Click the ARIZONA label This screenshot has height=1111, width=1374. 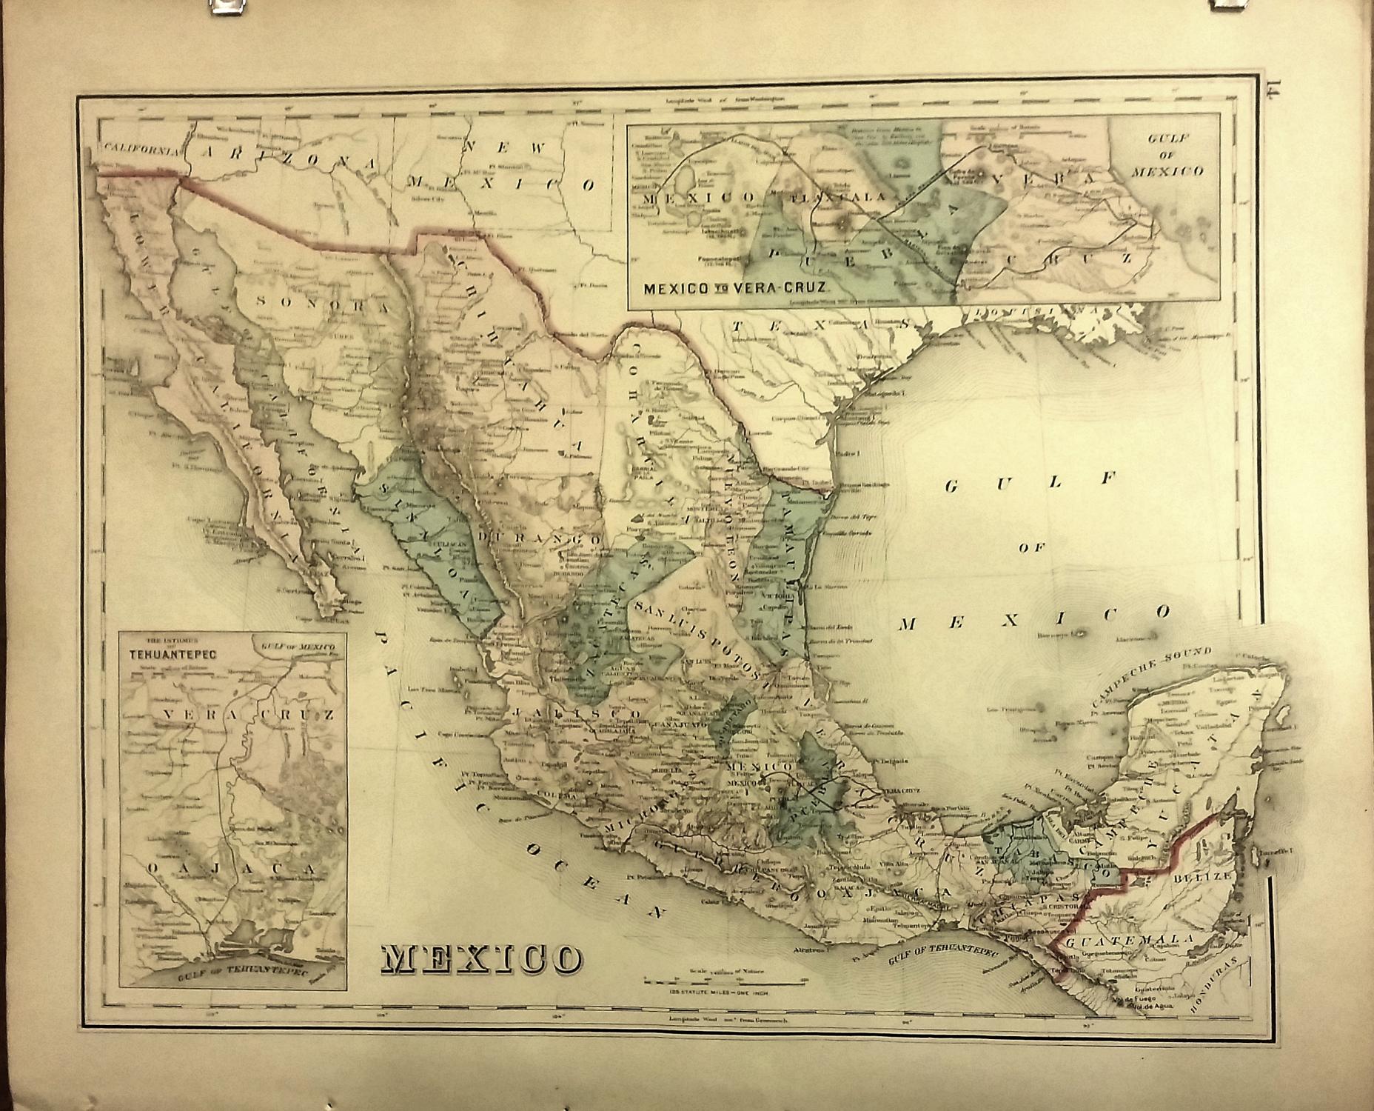tap(289, 156)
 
